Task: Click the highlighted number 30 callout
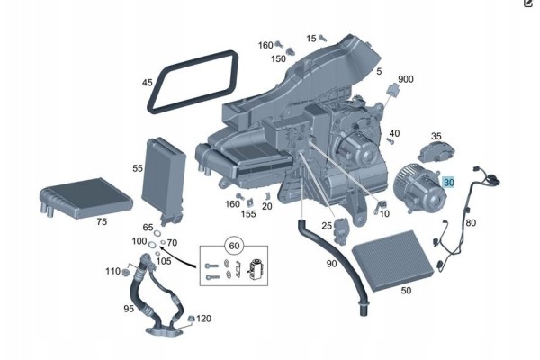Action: [x=449, y=182]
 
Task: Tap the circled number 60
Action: [x=234, y=246]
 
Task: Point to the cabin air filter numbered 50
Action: [x=392, y=260]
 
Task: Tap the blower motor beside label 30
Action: [x=420, y=189]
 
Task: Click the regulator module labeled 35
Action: [x=436, y=152]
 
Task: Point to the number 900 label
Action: [x=406, y=79]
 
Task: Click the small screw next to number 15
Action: [x=323, y=38]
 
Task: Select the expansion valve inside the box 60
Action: [x=255, y=268]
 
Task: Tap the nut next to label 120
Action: [x=191, y=319]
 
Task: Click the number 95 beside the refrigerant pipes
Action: [x=129, y=309]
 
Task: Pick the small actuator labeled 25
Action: [x=340, y=230]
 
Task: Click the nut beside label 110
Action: [x=126, y=273]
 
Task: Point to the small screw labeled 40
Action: [x=391, y=140]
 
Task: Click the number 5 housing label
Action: [x=379, y=71]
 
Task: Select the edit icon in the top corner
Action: [x=528, y=3]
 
